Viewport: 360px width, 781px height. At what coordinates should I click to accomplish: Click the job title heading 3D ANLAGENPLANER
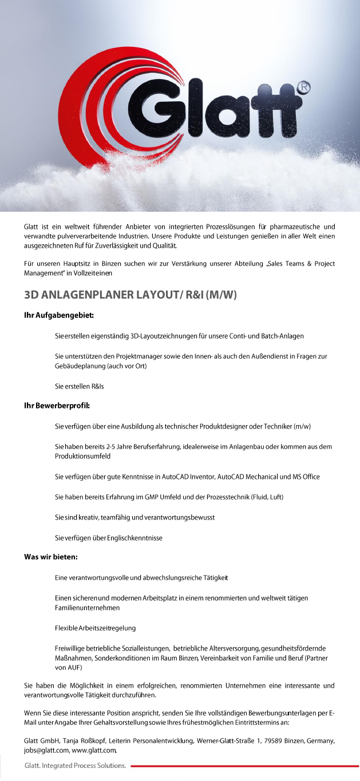[130, 295]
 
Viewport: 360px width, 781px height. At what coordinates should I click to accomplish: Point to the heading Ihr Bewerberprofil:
[57, 406]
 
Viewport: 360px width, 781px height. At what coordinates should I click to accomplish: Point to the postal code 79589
[279, 741]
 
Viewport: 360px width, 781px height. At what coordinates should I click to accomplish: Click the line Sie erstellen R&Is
[80, 386]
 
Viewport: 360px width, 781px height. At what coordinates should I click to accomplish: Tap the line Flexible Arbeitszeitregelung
[95, 628]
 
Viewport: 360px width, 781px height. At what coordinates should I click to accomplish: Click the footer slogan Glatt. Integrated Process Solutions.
[75, 765]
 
